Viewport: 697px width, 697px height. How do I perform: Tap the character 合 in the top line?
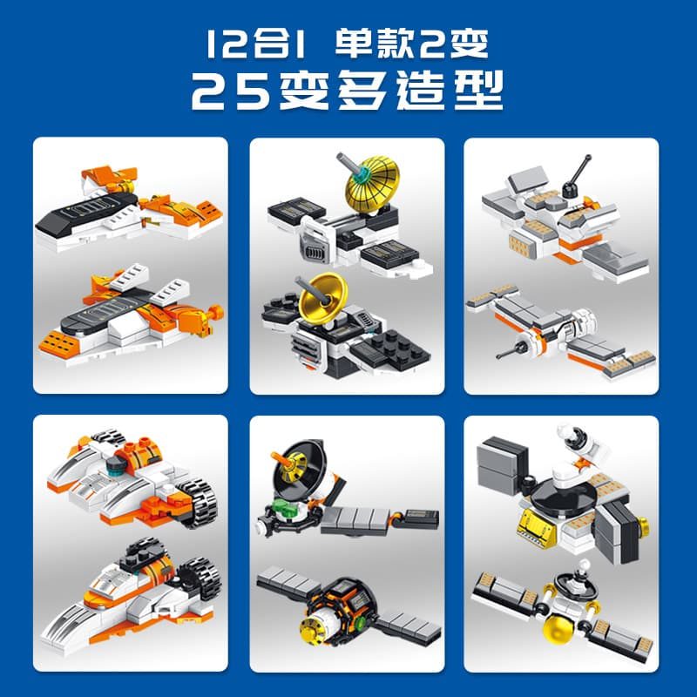[273, 44]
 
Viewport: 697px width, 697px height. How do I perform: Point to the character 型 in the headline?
[478, 91]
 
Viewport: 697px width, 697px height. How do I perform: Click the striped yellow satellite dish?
[373, 182]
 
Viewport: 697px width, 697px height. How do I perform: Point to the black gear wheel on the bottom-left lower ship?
[200, 578]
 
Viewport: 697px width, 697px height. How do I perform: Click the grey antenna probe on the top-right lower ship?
[512, 350]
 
